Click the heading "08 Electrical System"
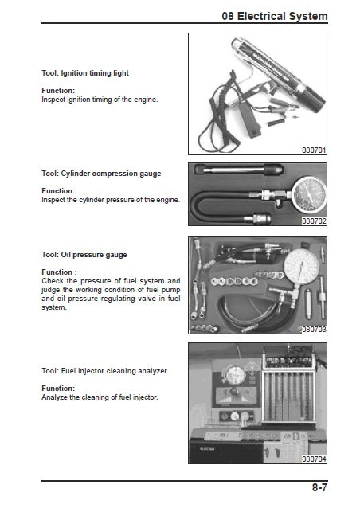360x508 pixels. [275, 16]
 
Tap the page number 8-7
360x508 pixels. [319, 487]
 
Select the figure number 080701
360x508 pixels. [314, 150]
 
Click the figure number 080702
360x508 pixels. [314, 221]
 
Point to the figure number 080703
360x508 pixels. [314, 329]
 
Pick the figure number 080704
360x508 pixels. [314, 459]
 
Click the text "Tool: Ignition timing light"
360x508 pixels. [85, 73]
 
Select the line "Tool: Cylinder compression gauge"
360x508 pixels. [101, 174]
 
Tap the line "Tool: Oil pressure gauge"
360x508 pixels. [84, 255]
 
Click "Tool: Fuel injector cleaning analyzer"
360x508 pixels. [104, 371]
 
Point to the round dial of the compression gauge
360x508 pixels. [309, 194]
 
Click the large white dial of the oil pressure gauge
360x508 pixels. [301, 267]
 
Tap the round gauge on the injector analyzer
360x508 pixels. [236, 375]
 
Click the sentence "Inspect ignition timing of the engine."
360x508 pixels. [100, 100]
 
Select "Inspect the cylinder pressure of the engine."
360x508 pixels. [111, 200]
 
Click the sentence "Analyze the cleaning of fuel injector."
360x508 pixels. [100, 397]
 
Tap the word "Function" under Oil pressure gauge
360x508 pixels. [57, 272]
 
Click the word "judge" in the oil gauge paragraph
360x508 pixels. [50, 290]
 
